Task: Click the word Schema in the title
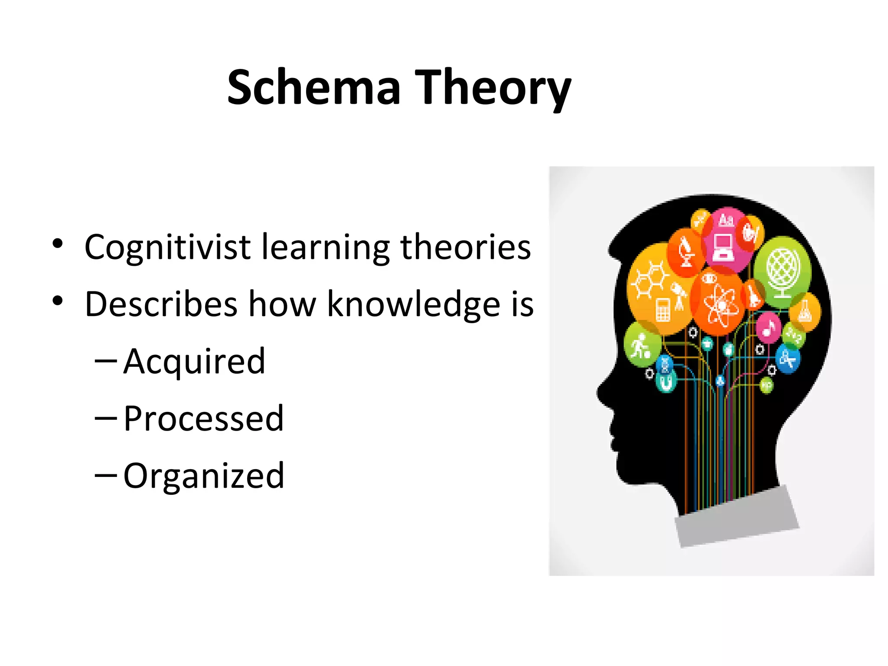[x=313, y=88]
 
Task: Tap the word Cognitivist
[x=167, y=247]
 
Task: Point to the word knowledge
[x=413, y=304]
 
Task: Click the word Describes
[x=161, y=304]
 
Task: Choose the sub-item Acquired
[x=194, y=361]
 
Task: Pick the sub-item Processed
[x=203, y=418]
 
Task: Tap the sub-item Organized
[x=204, y=476]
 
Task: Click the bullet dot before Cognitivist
[x=57, y=244]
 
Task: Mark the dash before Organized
[x=105, y=475]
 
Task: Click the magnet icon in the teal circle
[x=665, y=382]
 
